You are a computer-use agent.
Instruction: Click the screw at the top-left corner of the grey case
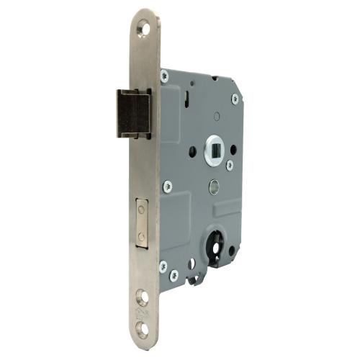tap(164, 75)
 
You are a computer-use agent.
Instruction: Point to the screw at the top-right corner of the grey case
tap(235, 99)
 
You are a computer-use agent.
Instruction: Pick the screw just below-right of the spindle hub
tap(229, 165)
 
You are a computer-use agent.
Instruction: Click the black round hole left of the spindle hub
tap(192, 152)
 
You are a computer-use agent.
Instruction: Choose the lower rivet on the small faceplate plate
tap(142, 236)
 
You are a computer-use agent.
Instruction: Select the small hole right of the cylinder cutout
tap(231, 252)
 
